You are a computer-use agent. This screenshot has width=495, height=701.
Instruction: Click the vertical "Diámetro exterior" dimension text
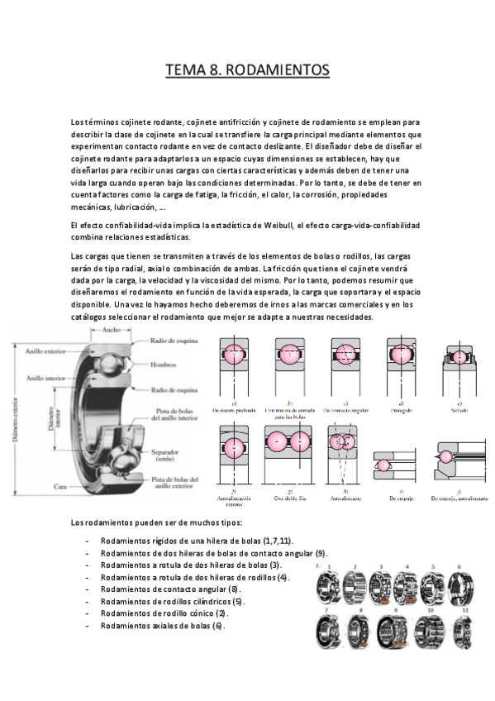(x=14, y=413)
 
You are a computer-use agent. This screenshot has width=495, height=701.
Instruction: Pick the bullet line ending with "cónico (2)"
(x=164, y=613)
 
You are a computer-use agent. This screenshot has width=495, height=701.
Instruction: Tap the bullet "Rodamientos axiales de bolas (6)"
(x=162, y=625)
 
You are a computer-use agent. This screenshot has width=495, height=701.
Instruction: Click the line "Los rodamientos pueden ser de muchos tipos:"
(x=156, y=523)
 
